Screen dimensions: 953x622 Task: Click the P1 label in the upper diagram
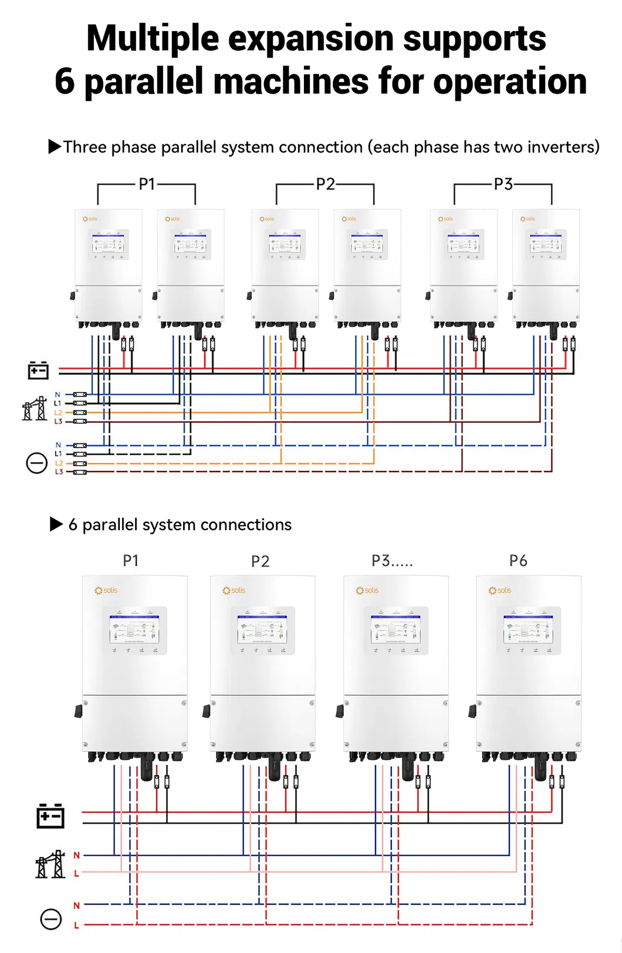(x=147, y=184)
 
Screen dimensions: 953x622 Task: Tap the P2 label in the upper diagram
(x=325, y=184)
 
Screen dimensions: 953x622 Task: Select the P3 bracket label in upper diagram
(x=503, y=184)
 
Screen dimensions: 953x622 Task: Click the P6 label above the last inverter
(x=518, y=561)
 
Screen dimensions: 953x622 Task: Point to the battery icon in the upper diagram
(x=38, y=370)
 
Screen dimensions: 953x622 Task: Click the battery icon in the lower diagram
(x=50, y=816)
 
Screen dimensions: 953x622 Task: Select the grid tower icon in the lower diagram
(x=50, y=864)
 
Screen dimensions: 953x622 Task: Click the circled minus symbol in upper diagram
(x=37, y=463)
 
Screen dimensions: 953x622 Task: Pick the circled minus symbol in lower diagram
(x=51, y=918)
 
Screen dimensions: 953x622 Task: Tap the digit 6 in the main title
(x=65, y=82)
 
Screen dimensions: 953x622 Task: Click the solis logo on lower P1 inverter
(x=106, y=590)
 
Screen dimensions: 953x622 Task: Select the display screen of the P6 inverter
(x=529, y=630)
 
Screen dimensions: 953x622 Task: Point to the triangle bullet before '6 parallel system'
(x=56, y=524)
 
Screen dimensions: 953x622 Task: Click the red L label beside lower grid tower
(x=76, y=874)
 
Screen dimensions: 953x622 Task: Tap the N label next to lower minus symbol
(x=76, y=905)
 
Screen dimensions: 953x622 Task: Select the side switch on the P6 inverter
(x=472, y=711)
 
